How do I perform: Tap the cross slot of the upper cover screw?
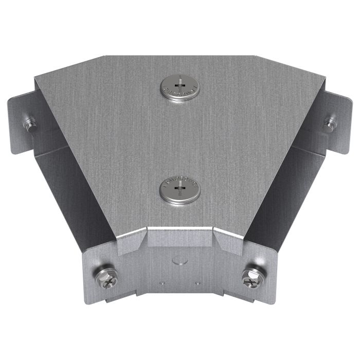(179, 82)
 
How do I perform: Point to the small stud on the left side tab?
(30, 123)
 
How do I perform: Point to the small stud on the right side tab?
(329, 123)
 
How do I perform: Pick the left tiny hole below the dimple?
(163, 282)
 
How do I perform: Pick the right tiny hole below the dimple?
(197, 282)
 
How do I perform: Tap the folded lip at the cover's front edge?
(180, 237)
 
